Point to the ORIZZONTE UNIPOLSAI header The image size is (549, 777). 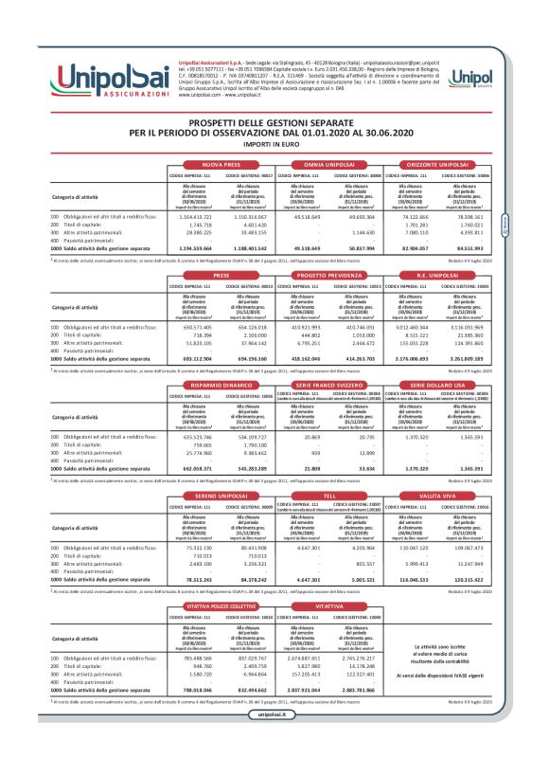[438, 164]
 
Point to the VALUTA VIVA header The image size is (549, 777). [438, 495]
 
